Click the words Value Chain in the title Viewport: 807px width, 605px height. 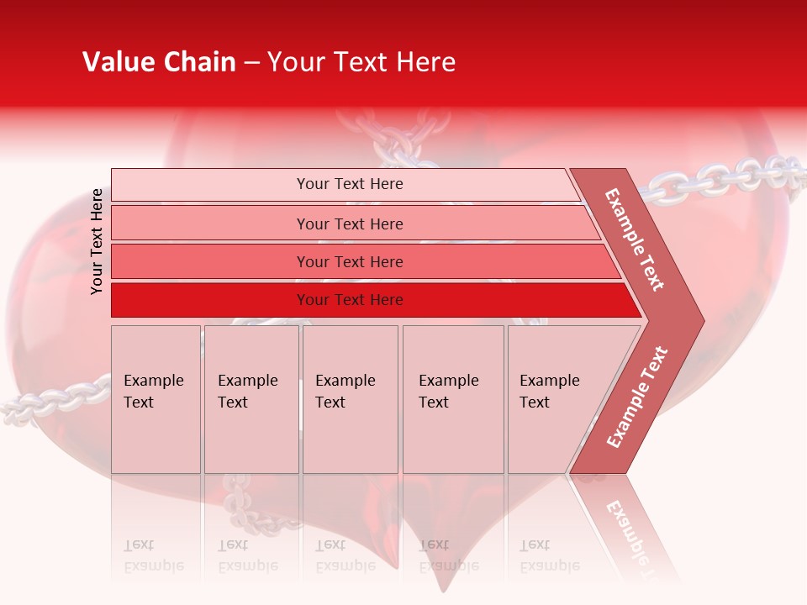coord(159,62)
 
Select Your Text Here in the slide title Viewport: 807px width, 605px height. coord(361,62)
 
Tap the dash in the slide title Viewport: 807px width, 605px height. coord(251,63)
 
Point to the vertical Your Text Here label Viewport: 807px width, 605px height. coord(97,241)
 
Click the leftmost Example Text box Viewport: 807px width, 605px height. coord(156,399)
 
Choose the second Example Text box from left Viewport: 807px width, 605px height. coord(251,399)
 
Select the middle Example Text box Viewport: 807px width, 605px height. coord(350,399)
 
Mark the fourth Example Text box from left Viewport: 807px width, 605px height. coord(452,399)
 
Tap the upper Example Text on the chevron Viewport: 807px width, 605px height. coord(635,239)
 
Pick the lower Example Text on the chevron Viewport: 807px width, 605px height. coord(637,397)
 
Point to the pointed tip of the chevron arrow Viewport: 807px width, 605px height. coord(702,321)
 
